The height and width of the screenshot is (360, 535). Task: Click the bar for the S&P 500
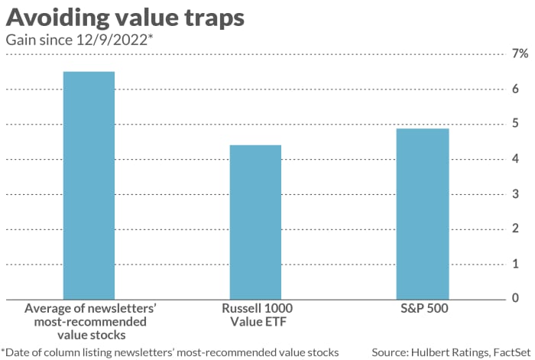coord(421,213)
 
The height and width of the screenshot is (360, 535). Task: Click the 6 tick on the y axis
coord(516,89)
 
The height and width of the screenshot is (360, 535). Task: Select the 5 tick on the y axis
coord(516,124)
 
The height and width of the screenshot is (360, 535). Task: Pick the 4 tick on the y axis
coord(516,159)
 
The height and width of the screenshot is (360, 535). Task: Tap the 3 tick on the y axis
coord(516,194)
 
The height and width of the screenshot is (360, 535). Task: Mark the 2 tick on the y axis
coord(516,229)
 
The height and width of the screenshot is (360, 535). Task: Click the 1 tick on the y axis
coord(516,264)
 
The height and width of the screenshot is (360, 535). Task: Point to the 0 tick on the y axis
coord(516,298)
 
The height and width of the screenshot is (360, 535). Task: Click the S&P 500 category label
coord(421,309)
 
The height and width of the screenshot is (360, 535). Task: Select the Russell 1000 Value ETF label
coord(255,315)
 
